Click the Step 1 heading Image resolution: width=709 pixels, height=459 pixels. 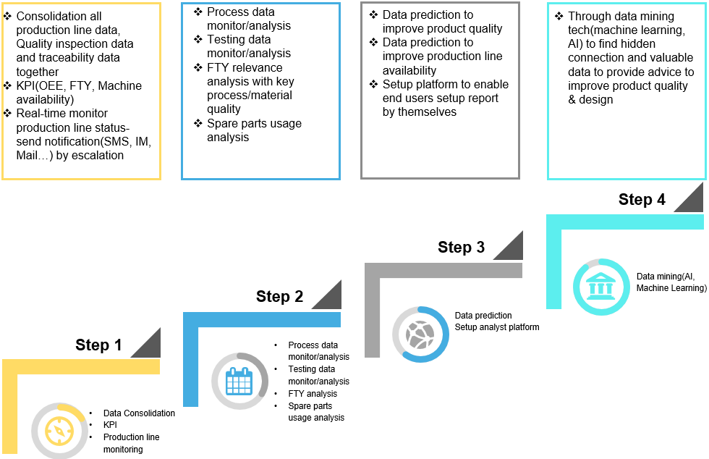(98, 345)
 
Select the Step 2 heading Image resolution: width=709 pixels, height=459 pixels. (279, 296)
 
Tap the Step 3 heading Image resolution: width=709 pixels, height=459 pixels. (461, 248)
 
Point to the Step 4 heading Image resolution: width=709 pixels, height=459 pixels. (642, 200)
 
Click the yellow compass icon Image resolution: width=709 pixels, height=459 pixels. (59, 431)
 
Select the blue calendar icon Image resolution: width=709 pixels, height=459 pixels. (239, 381)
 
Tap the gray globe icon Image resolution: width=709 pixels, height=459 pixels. (420, 334)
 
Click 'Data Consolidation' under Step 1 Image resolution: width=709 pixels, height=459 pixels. (139, 413)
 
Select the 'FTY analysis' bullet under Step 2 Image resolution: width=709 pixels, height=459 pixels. (313, 394)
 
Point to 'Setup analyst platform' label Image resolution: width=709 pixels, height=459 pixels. (497, 327)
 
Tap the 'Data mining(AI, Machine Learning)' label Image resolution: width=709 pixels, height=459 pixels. (671, 282)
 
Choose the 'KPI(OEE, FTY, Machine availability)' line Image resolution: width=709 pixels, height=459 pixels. (79, 93)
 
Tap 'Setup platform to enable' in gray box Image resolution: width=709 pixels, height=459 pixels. (446, 85)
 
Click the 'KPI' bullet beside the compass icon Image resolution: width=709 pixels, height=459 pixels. (110, 425)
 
